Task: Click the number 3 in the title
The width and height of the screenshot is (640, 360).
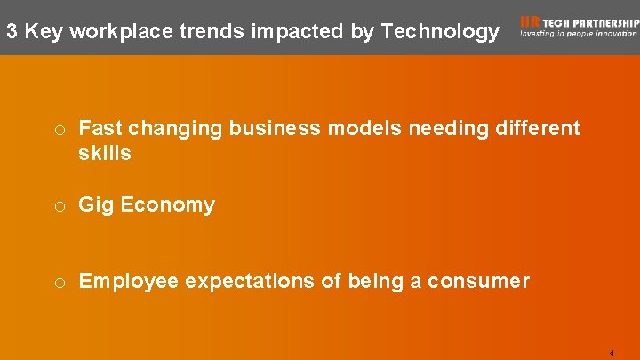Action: (x=12, y=32)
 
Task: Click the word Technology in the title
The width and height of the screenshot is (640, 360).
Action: (x=440, y=32)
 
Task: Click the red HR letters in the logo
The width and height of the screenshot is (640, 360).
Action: (x=531, y=22)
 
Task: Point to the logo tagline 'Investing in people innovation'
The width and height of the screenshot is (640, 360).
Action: (x=578, y=34)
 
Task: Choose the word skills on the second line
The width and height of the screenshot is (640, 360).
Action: (x=105, y=154)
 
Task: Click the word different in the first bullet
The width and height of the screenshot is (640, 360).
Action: (x=537, y=129)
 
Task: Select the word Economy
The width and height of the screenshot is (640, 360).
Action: (x=168, y=205)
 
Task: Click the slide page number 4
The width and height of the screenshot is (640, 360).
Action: (x=611, y=353)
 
